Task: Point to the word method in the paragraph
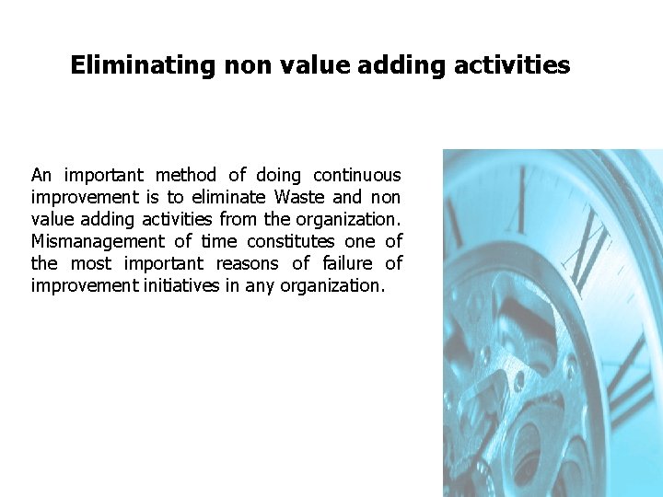[x=185, y=175]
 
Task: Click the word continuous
[x=357, y=175]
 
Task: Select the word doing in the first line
[x=279, y=175]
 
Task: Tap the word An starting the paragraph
[x=41, y=175]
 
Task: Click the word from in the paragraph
[x=241, y=219]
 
